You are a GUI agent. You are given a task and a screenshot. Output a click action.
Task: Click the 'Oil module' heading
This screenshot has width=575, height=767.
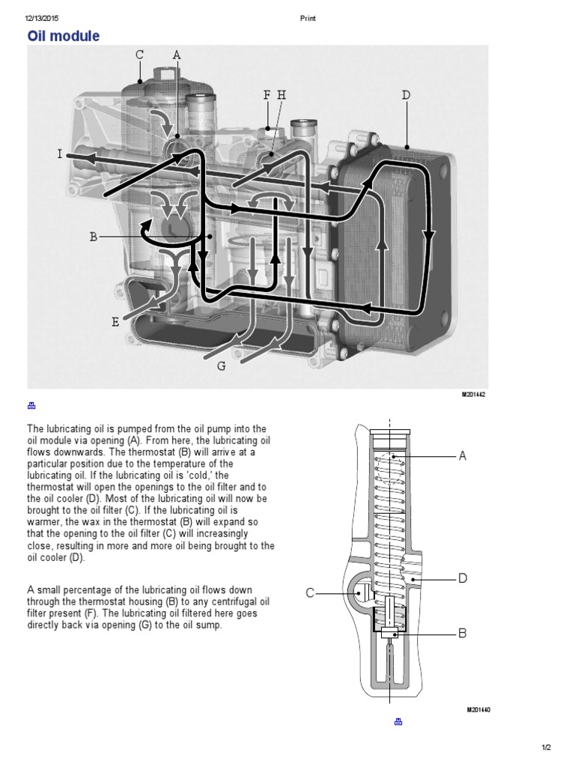[x=64, y=36]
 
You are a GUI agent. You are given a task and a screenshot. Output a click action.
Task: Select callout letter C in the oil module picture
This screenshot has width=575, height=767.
[x=139, y=55]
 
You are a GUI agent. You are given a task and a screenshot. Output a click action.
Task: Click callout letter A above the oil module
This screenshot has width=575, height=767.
[x=177, y=55]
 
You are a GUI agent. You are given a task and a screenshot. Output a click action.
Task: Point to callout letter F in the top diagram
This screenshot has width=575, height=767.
[x=267, y=95]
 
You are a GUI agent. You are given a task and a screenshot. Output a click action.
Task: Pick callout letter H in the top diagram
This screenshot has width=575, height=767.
[x=282, y=95]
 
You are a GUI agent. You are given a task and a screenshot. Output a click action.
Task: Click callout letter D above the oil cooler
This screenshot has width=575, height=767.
[x=406, y=95]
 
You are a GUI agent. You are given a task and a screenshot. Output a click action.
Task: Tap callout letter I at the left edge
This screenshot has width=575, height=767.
[x=60, y=154]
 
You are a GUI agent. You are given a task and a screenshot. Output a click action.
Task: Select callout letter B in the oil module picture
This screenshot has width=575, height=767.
[x=94, y=237]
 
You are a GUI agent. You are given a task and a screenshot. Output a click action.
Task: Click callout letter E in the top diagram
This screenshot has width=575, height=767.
[x=115, y=322]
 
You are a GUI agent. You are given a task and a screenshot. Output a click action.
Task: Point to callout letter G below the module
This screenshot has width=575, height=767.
[x=221, y=366]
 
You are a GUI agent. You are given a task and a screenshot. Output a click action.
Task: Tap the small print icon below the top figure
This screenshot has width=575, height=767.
[x=31, y=405]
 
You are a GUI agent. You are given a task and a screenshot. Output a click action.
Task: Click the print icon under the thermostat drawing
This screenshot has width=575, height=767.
[x=398, y=721]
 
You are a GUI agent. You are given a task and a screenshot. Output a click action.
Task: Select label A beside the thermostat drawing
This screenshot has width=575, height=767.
[x=462, y=455]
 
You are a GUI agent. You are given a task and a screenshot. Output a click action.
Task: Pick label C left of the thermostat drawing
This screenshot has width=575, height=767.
[x=310, y=593]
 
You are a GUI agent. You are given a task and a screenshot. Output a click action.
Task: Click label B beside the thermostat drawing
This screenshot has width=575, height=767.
[x=462, y=633]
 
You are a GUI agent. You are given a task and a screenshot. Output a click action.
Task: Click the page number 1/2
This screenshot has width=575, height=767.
[x=546, y=748]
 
